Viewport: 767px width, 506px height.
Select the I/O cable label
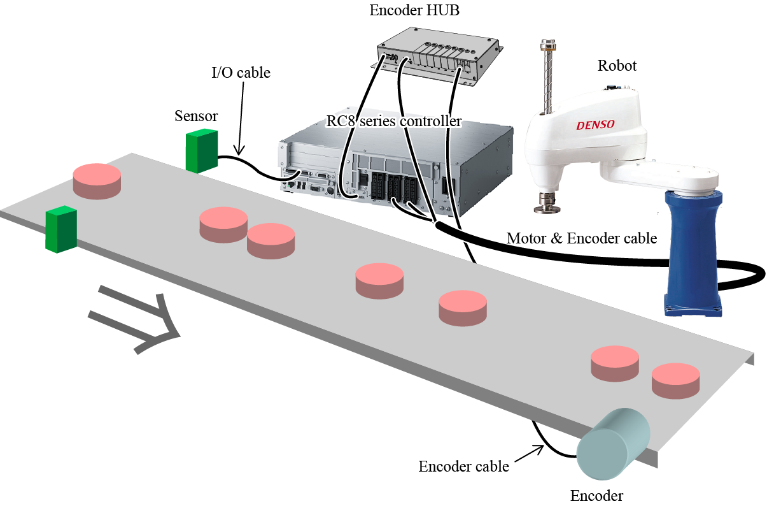241,73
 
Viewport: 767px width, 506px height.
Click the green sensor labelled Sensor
202,151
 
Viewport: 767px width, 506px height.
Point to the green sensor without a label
61,229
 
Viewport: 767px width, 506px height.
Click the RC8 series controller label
393,120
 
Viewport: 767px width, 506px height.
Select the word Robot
617,66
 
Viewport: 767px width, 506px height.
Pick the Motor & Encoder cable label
581,238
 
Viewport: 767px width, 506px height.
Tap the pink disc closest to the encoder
675,380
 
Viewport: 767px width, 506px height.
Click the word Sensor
196,116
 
